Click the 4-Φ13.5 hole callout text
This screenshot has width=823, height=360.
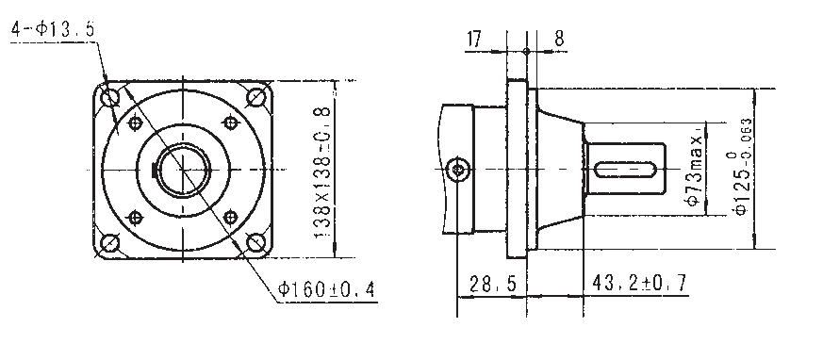point(53,29)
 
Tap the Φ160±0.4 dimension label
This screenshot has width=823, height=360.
point(326,289)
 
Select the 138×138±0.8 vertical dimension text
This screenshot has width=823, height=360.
point(322,172)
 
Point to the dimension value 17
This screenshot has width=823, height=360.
point(473,40)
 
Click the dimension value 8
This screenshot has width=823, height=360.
point(560,39)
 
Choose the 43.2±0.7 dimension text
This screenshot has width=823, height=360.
point(639,283)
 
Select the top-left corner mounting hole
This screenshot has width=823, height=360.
point(110,97)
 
